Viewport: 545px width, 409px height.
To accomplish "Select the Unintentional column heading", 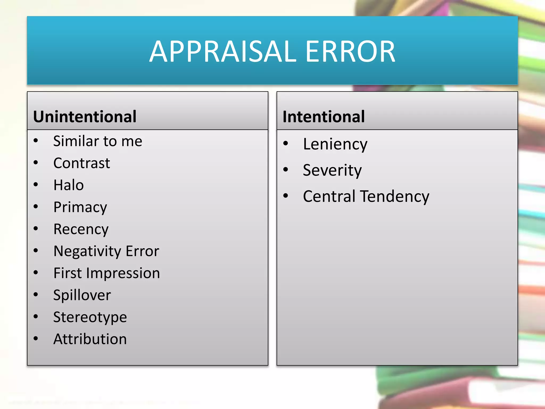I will tap(85, 117).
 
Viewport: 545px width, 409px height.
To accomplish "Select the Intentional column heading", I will tap(324, 117).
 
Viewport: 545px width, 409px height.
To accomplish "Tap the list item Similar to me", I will tap(98, 141).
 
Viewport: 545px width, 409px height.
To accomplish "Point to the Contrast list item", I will tap(81, 163).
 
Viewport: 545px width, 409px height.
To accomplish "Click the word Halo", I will tap(68, 185).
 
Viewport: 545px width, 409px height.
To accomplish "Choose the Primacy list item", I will tap(80, 207).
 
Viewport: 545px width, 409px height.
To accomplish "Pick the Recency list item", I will tap(81, 229).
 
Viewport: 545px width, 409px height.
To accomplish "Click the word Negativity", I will tap(88, 251).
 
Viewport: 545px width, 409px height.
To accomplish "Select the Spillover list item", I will tap(82, 295).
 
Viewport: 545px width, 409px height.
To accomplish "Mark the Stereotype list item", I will tap(90, 317).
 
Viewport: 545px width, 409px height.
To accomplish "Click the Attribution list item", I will tap(90, 339).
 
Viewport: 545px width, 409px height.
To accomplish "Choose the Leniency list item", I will tap(335, 144).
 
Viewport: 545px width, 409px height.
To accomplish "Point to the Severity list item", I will tap(332, 170).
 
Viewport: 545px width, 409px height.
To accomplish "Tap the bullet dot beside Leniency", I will tap(286, 143).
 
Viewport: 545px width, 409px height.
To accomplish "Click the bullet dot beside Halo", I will tap(36, 184).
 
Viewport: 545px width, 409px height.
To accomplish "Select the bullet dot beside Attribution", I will tap(36, 338).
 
